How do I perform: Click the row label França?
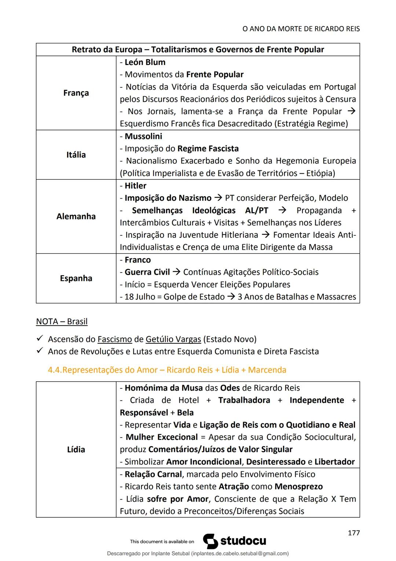[76, 93]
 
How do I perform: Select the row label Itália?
[76, 155]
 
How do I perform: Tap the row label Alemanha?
[76, 216]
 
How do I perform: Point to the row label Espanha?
[76, 278]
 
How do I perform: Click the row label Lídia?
[76, 449]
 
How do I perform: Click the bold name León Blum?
[145, 62]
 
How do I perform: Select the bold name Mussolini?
[143, 136]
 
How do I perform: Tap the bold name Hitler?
[135, 186]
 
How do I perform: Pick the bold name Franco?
[137, 260]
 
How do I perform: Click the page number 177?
[353, 533]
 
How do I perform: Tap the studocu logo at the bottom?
[235, 541]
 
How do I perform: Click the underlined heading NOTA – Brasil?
[62, 322]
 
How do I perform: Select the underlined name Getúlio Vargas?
[173, 339]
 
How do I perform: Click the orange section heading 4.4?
[167, 370]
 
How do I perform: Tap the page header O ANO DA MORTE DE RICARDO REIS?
[301, 29]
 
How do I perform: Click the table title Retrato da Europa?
[198, 50]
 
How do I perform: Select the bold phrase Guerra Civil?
[147, 272]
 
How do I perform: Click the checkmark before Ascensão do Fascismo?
[40, 339]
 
